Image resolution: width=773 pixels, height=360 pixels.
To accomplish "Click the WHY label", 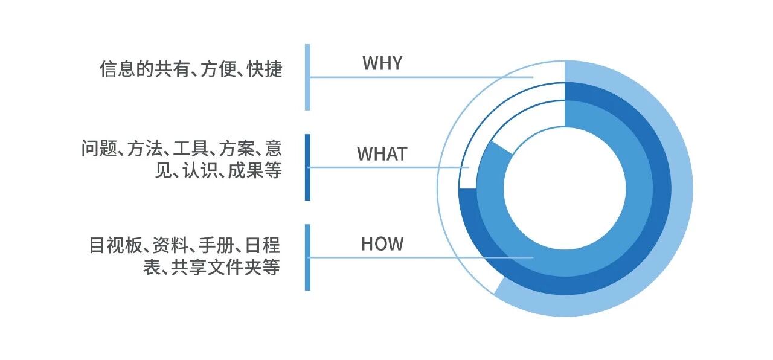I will (382, 63).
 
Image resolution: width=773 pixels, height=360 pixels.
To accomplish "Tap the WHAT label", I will (382, 154).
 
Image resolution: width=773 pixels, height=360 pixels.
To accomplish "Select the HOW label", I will (382, 244).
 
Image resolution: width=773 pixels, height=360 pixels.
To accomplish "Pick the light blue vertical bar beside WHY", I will (307, 77).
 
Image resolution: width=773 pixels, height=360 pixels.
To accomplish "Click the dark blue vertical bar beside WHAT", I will (307, 167).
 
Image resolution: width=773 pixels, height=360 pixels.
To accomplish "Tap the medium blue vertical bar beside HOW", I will (307, 257).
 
